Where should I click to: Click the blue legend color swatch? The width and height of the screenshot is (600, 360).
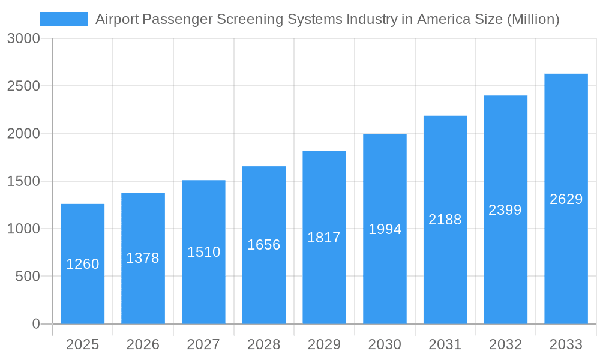pyautogui.click(x=64, y=19)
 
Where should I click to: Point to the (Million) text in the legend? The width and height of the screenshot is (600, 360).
pyautogui.click(x=533, y=19)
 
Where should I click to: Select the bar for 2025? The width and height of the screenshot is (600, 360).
pyautogui.click(x=83, y=264)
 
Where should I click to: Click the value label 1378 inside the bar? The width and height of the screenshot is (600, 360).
pyautogui.click(x=143, y=258)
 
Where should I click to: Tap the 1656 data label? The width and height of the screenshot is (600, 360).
pyautogui.click(x=264, y=245)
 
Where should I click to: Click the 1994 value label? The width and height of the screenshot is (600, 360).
pyautogui.click(x=385, y=229)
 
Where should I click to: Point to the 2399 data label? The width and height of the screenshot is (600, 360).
pyautogui.click(x=505, y=210)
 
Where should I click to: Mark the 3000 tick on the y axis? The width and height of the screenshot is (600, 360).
pyautogui.click(x=24, y=39)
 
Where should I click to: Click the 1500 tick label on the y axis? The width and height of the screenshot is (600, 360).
pyautogui.click(x=24, y=181)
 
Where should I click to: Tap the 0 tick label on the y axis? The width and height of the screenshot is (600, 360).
pyautogui.click(x=35, y=324)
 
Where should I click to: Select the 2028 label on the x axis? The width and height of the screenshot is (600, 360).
pyautogui.click(x=264, y=344)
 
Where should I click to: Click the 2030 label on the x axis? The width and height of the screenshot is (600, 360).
pyautogui.click(x=385, y=344)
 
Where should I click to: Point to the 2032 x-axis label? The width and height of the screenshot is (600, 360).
pyautogui.click(x=505, y=344)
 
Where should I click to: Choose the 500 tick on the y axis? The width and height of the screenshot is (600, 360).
pyautogui.click(x=28, y=277)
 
